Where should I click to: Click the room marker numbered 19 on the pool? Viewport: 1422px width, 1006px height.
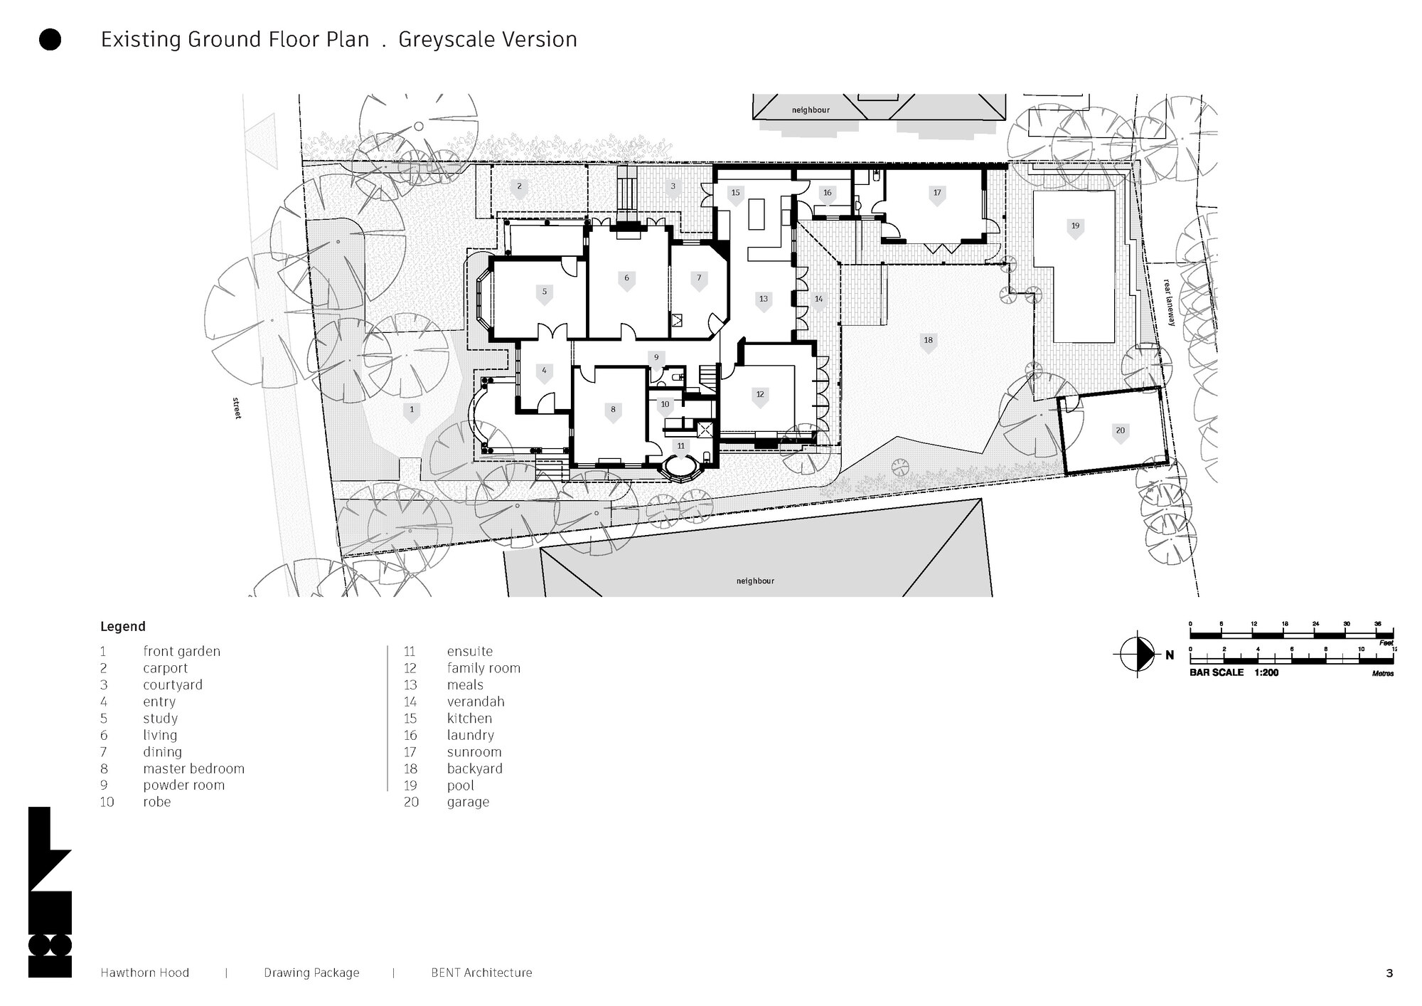tap(1075, 227)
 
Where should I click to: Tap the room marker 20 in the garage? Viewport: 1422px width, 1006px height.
tap(1120, 431)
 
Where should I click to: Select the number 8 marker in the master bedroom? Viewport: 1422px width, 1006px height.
tap(613, 411)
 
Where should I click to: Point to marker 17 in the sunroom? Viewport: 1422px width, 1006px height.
tap(937, 194)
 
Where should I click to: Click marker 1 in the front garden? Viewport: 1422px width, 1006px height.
tap(411, 411)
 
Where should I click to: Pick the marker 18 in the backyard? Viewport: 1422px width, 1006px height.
tap(928, 341)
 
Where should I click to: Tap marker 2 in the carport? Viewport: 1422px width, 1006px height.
tap(519, 188)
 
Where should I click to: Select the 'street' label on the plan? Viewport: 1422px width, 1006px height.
tap(237, 408)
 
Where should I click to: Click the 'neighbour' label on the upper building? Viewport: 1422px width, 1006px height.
tap(811, 110)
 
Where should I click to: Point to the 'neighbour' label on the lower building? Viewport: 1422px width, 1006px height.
tap(755, 581)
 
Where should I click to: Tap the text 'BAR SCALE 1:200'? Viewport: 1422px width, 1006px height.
tap(1234, 672)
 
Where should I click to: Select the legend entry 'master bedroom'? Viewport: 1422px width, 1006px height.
tap(193, 768)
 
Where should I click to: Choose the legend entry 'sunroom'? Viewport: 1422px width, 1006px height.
tap(474, 752)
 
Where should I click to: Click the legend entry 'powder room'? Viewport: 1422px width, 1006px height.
tap(183, 785)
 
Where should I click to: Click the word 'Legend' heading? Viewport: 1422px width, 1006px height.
tap(122, 627)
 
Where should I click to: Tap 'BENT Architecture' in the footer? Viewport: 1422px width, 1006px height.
tap(481, 973)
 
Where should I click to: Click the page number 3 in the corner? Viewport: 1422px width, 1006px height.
tap(1389, 973)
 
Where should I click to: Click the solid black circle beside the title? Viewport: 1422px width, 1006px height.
tap(50, 40)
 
